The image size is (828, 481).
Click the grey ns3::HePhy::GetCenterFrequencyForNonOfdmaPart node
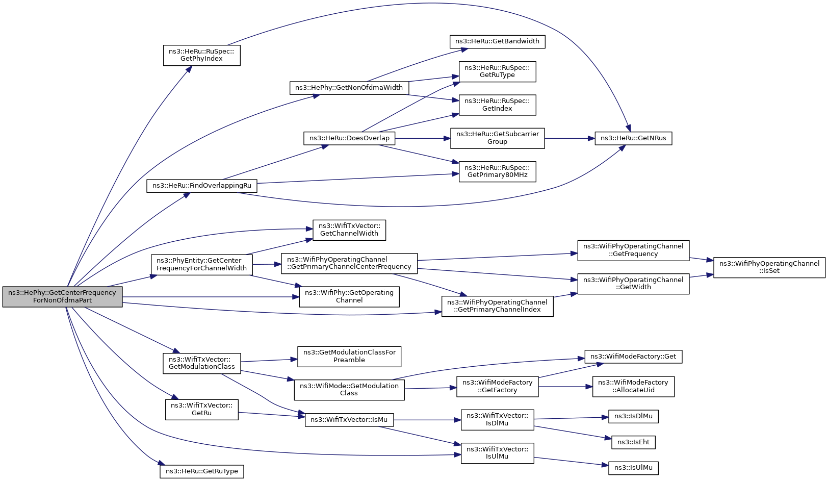(x=63, y=296)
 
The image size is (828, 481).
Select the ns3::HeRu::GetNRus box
(x=633, y=138)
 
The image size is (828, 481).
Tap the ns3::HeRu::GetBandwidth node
(x=497, y=41)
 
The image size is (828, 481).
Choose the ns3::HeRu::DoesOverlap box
(x=349, y=138)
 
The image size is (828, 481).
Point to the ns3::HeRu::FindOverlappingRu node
(x=202, y=186)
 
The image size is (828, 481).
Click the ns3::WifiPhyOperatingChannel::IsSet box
(x=769, y=267)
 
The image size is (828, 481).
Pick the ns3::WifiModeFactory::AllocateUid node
(x=633, y=386)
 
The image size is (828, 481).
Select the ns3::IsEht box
(x=633, y=443)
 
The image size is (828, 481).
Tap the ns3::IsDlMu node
(x=633, y=416)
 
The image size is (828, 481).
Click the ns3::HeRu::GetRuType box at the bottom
(x=202, y=471)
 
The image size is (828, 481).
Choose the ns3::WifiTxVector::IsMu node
(x=349, y=420)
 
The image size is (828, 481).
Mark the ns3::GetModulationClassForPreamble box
(x=349, y=357)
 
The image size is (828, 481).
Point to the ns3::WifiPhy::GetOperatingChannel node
(x=349, y=296)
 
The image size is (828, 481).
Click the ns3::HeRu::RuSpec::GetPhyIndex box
(x=202, y=56)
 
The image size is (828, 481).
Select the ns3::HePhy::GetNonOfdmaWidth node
(x=349, y=88)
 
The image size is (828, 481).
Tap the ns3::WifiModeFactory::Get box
(x=633, y=357)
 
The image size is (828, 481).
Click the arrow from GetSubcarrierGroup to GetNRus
(x=570, y=138)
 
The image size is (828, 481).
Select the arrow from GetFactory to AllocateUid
(x=565, y=387)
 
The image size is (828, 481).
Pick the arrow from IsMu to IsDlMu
(x=427, y=420)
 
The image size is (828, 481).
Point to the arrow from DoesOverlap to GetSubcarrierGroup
(x=423, y=138)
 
